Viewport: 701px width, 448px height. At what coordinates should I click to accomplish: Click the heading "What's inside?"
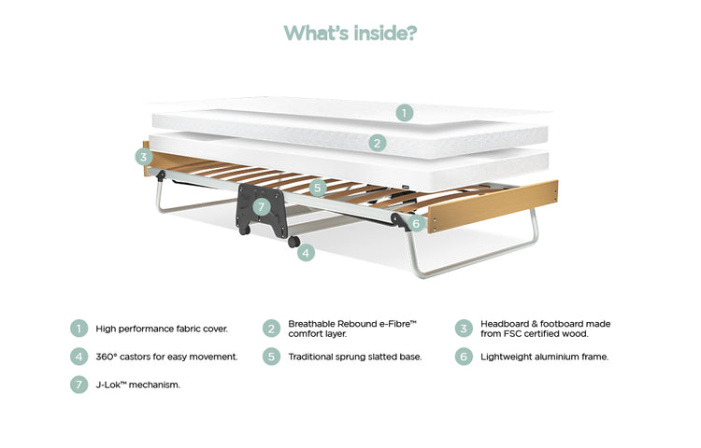pyautogui.click(x=350, y=33)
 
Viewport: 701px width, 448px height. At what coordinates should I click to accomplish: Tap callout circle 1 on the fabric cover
pyautogui.click(x=404, y=112)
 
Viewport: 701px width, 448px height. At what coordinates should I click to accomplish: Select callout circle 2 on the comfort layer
pyautogui.click(x=378, y=143)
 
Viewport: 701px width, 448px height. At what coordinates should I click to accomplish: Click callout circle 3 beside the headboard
pyautogui.click(x=144, y=157)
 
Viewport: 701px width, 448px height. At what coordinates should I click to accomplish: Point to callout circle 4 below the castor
pyautogui.click(x=306, y=253)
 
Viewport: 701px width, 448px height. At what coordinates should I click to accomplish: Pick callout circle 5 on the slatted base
pyautogui.click(x=318, y=188)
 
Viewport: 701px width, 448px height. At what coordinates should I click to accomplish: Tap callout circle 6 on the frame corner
pyautogui.click(x=416, y=223)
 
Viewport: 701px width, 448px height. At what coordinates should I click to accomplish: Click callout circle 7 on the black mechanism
pyautogui.click(x=262, y=206)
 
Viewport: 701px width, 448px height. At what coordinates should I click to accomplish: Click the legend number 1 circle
pyautogui.click(x=79, y=329)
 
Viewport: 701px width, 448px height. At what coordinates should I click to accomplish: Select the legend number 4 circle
pyautogui.click(x=79, y=357)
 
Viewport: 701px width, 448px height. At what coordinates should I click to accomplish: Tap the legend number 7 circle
pyautogui.click(x=79, y=385)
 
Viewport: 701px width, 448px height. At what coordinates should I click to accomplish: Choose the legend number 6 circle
pyautogui.click(x=464, y=357)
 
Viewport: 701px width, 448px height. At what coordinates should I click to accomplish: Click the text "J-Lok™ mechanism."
pyautogui.click(x=138, y=385)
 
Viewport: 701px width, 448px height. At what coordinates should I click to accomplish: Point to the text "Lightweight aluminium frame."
pyautogui.click(x=545, y=357)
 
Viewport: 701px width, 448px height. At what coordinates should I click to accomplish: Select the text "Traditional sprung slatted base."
pyautogui.click(x=355, y=357)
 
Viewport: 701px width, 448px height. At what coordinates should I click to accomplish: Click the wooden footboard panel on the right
pyautogui.click(x=493, y=206)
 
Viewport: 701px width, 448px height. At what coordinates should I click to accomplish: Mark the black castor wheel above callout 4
pyautogui.click(x=293, y=242)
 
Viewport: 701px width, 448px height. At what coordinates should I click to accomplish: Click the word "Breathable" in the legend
pyautogui.click(x=311, y=324)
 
